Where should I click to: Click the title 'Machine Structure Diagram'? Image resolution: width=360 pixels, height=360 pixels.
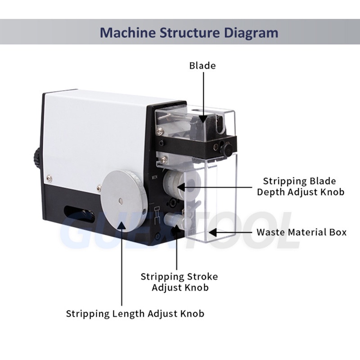(189, 33)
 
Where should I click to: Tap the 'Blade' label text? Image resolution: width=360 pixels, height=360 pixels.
(202, 66)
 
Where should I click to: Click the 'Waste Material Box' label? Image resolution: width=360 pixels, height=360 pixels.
(301, 232)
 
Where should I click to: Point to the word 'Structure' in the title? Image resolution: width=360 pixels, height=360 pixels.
(191, 33)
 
